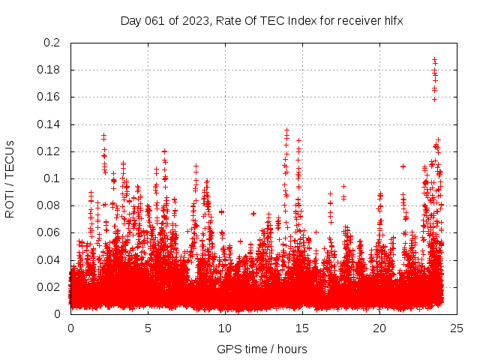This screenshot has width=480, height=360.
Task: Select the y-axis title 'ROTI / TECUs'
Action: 10,178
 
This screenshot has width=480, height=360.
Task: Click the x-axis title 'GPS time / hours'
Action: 262,349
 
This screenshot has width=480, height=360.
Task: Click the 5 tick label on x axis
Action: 148,328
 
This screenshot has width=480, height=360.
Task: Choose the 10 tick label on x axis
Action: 225,328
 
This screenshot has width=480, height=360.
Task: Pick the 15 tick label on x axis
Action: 302,328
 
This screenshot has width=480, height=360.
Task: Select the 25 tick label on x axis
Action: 457,328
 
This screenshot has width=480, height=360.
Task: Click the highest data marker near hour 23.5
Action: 433,60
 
